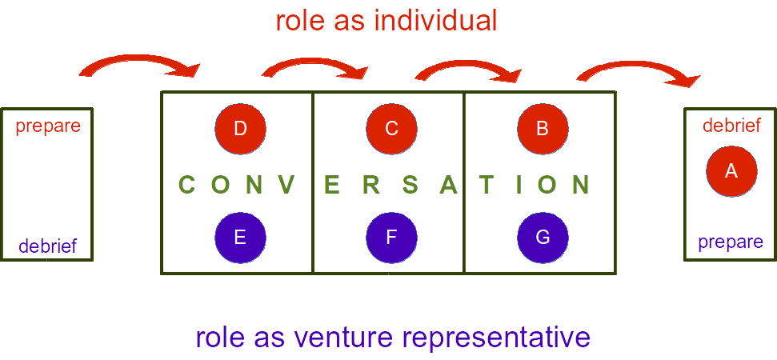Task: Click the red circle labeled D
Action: (240, 128)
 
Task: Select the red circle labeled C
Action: (391, 128)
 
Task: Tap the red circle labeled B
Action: (543, 128)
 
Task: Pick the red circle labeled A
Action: (731, 170)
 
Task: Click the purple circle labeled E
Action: (240, 238)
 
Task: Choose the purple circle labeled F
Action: (391, 238)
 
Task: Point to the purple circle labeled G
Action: (543, 238)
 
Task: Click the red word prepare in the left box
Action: (48, 126)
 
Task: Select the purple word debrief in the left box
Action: (48, 246)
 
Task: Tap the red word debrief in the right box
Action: (731, 126)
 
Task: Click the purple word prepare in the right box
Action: (731, 242)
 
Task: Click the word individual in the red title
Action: (438, 21)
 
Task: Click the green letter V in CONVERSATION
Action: (286, 186)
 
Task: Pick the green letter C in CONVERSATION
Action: (186, 186)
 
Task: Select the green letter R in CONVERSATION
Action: (370, 186)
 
